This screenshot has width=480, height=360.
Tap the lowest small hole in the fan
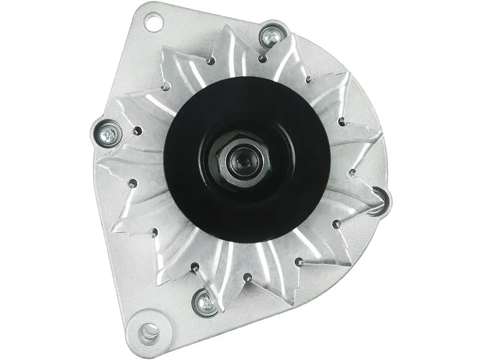(x=248, y=279)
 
